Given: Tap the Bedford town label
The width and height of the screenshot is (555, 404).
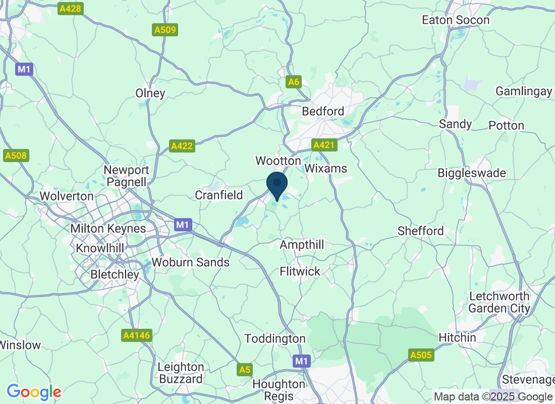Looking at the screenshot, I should coord(323,111).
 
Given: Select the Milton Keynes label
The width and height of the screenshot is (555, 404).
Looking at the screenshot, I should coord(108,228).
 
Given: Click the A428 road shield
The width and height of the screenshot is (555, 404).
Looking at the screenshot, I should coord(70,9).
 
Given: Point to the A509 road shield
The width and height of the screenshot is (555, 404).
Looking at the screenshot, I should coord(165,30).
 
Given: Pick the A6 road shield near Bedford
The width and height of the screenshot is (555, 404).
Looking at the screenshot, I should coord(294,81).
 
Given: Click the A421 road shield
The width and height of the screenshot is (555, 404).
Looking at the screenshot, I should coord(324,145).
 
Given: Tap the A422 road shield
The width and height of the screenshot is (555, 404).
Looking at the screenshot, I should coord(182,146).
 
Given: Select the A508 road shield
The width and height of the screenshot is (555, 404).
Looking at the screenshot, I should coord(16,156).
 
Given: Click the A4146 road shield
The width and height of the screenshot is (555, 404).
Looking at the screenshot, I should coord(137,335).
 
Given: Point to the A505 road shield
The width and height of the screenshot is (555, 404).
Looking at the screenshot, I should coord(421,356).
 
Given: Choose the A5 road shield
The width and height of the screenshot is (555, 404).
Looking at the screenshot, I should coord(244,370).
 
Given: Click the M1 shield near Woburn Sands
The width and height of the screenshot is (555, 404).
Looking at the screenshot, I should coord(182,225).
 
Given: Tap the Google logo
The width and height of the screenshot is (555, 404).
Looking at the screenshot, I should coord(34,391).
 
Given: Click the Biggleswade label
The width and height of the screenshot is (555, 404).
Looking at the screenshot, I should coord(471,173).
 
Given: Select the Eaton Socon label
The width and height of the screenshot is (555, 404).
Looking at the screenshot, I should coord(456,20).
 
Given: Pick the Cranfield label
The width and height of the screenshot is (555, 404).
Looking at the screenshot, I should coord(219,195).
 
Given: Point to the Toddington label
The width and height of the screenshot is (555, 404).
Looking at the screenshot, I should coord(275,338).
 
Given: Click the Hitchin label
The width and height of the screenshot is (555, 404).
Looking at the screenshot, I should coord(457,337).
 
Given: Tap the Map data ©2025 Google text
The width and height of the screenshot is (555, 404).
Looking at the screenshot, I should coord(493,396).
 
